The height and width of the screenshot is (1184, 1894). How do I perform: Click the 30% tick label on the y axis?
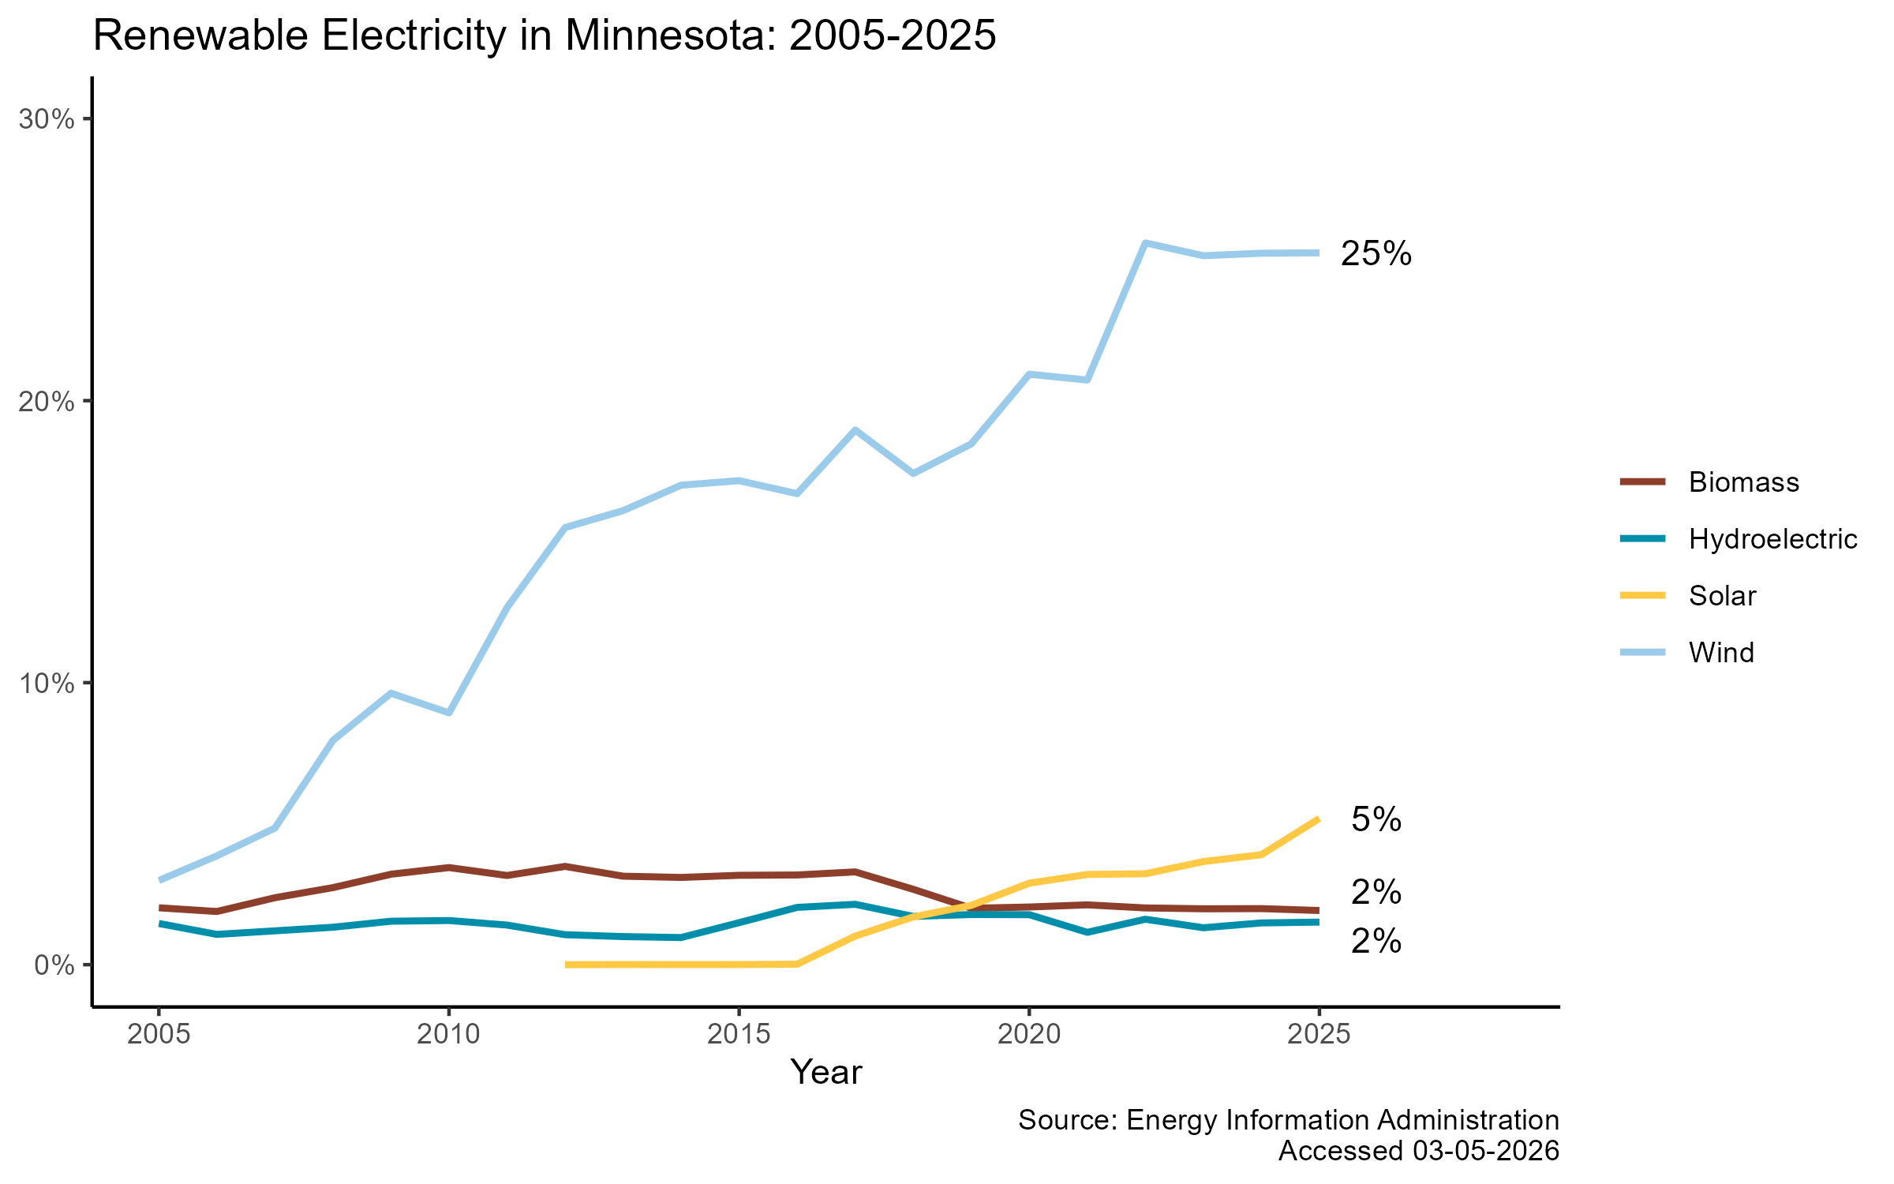point(47,120)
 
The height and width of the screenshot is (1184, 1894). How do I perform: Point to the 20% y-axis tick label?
point(47,402)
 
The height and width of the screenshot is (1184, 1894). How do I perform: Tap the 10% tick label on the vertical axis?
point(47,684)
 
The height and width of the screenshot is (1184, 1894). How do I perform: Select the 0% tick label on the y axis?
point(54,965)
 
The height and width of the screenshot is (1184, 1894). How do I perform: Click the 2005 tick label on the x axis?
point(159,1035)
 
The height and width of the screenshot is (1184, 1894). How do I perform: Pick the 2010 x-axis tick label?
point(448,1035)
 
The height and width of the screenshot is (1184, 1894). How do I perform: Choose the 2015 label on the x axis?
point(739,1035)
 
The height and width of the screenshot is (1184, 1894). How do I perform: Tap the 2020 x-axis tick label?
point(1028,1035)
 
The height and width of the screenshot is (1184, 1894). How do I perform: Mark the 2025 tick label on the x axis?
point(1318,1035)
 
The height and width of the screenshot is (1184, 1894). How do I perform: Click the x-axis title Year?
point(825,1073)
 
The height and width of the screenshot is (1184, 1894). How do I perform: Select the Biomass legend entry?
point(1743,482)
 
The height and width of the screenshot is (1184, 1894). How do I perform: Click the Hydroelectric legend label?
point(1772,539)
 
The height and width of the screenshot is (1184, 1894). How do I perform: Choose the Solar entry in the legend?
point(1722,596)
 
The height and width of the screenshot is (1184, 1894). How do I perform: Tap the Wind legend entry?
point(1720,653)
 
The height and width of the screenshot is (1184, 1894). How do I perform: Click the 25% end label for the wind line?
point(1376,254)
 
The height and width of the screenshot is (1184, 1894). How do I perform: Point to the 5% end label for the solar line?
point(1376,820)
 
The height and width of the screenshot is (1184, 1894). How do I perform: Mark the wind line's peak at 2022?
point(1144,243)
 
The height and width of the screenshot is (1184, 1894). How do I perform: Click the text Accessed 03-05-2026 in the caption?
point(1418,1151)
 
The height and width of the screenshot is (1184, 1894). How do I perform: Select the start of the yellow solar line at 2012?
point(567,965)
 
